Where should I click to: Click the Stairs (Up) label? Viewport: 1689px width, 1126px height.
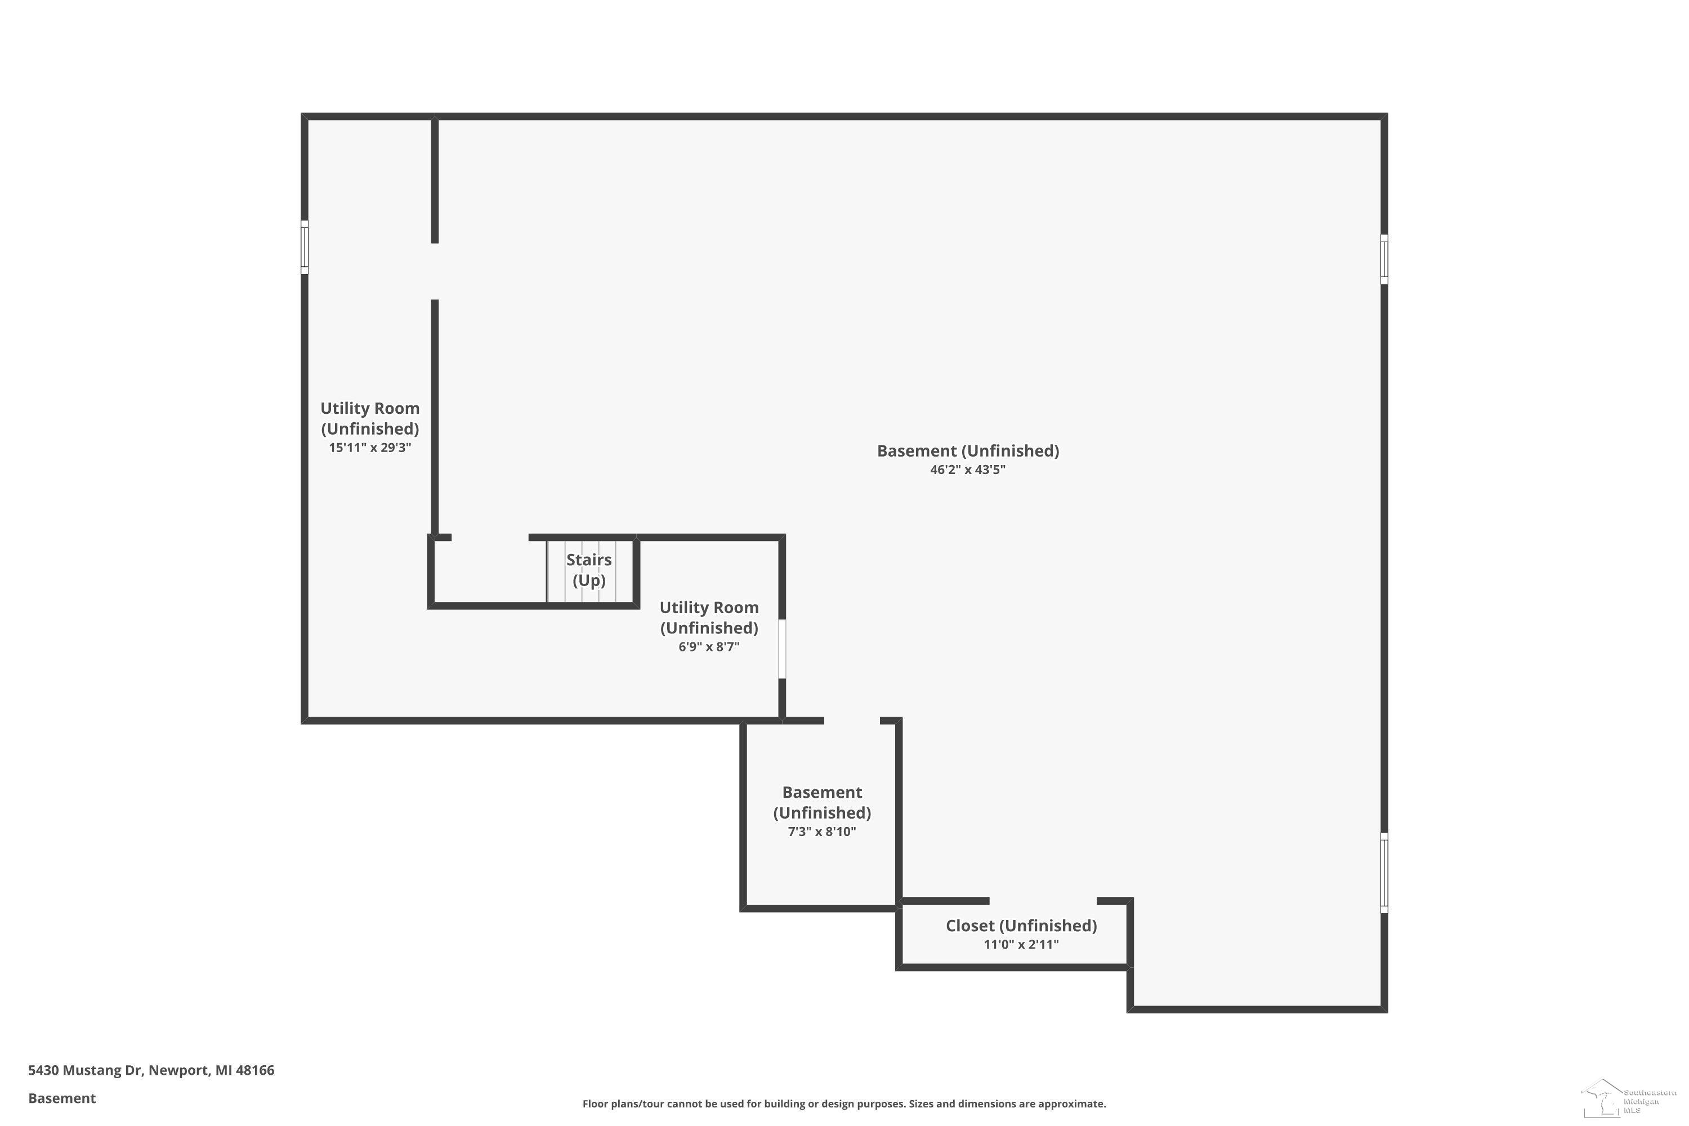click(x=589, y=569)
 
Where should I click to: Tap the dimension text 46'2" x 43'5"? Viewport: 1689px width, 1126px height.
click(x=967, y=470)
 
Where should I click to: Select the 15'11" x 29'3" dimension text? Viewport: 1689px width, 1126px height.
click(x=370, y=448)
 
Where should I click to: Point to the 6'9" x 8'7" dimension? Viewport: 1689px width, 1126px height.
click(x=709, y=646)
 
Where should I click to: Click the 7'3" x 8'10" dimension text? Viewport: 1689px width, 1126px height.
click(x=821, y=832)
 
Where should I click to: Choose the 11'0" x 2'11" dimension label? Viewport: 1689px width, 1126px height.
click(x=1021, y=944)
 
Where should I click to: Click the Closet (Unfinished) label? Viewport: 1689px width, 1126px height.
click(x=1021, y=926)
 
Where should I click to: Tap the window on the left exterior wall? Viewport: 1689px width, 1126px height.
click(x=305, y=247)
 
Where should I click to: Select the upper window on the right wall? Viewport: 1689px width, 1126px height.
click(x=1384, y=258)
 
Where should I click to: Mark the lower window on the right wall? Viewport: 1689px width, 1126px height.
click(x=1384, y=873)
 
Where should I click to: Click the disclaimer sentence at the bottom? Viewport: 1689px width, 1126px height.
click(x=844, y=1103)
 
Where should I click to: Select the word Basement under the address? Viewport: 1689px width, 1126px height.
click(x=62, y=1098)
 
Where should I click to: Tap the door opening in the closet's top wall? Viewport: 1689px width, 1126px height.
click(x=1043, y=900)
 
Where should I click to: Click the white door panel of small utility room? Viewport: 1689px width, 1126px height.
click(x=782, y=649)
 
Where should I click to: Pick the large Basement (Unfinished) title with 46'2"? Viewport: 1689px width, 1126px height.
click(x=967, y=451)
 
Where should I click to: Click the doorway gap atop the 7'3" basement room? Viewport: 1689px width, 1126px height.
click(x=852, y=720)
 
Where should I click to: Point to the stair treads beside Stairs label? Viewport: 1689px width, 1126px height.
click(x=589, y=571)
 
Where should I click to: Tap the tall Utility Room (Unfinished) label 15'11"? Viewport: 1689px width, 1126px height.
click(x=370, y=418)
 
